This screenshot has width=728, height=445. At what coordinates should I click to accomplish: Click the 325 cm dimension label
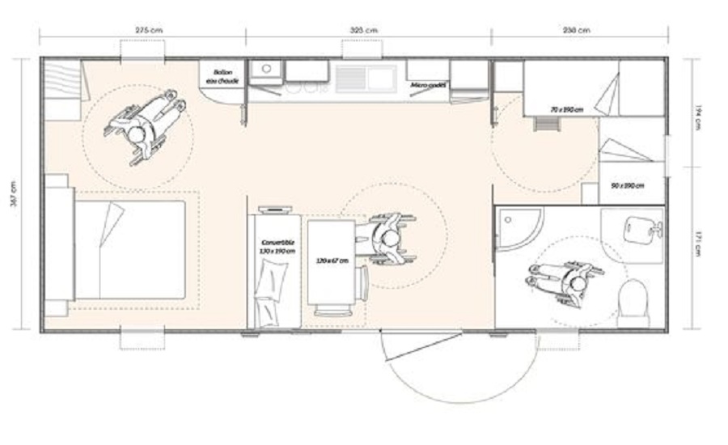click(x=366, y=30)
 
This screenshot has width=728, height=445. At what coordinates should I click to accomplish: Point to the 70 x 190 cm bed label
click(x=566, y=108)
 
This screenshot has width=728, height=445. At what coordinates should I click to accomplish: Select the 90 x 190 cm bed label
click(x=627, y=186)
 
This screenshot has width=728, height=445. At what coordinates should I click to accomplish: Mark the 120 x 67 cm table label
click(x=332, y=260)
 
